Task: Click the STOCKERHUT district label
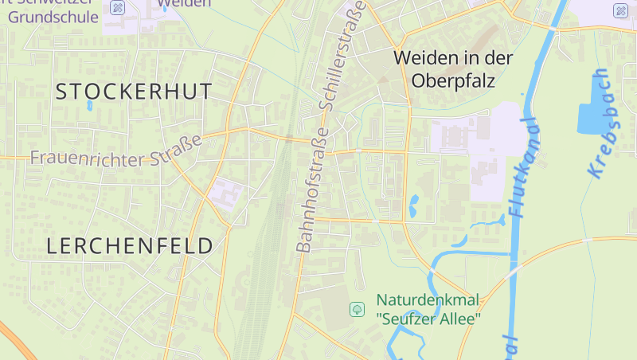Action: pos(134,91)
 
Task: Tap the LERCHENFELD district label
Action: pos(131,245)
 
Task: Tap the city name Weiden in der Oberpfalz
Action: pos(454,69)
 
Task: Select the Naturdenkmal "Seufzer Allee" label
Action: pos(428,310)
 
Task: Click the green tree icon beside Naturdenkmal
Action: pos(357,309)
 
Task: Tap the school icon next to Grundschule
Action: pos(118,9)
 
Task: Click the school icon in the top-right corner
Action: pos(620,10)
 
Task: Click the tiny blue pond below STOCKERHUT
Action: pos(89,105)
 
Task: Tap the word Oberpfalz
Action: pos(454,81)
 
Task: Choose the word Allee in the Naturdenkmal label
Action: pos(462,319)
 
